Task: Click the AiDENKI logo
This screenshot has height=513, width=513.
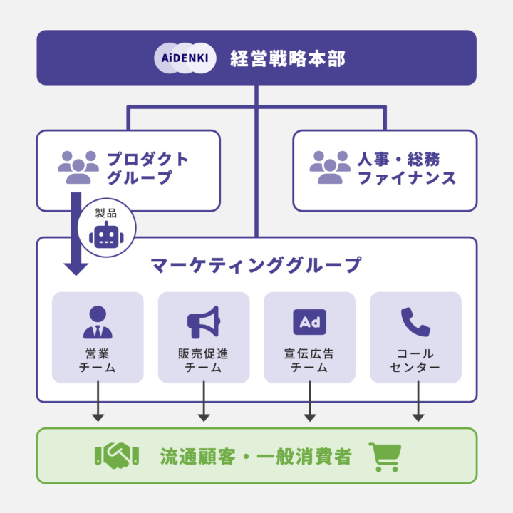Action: (x=185, y=58)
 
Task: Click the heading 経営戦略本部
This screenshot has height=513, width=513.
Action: (x=288, y=58)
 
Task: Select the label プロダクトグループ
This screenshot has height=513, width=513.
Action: (x=147, y=168)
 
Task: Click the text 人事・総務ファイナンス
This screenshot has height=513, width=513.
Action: (x=406, y=168)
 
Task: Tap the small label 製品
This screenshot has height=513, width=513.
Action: (x=106, y=212)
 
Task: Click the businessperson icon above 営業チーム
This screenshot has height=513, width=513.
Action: (x=98, y=322)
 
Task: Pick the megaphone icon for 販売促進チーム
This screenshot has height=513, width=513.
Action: (x=204, y=322)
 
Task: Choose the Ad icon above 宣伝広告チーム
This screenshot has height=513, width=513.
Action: (x=309, y=322)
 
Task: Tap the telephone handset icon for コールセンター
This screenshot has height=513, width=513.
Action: (x=415, y=322)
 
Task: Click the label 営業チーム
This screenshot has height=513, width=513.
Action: (x=98, y=361)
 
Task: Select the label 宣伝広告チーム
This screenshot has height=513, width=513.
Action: (x=309, y=361)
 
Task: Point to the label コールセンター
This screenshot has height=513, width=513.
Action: (x=415, y=361)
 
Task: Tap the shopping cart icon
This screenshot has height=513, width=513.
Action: (x=385, y=456)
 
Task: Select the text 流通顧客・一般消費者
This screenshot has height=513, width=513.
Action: (x=256, y=456)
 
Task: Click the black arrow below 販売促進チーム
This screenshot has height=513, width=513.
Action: (x=204, y=402)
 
